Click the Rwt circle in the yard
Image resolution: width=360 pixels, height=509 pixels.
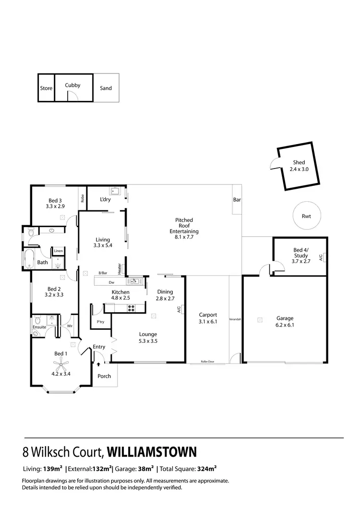[x=306, y=216]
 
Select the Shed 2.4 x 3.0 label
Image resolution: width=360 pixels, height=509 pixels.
[x=299, y=166]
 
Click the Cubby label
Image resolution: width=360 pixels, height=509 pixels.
[x=72, y=85]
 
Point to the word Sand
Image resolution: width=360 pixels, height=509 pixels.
[x=106, y=88]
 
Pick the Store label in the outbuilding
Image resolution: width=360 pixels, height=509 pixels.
[x=46, y=88]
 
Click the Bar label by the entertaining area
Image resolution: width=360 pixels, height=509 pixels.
[x=237, y=199]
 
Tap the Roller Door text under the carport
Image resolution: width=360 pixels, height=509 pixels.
[x=207, y=361]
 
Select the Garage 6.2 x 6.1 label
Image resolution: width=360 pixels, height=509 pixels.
[x=285, y=321]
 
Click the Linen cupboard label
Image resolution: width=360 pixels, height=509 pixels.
[x=58, y=251]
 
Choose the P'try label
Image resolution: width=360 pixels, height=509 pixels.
[x=101, y=322]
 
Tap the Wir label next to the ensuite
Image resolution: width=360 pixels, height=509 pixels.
[x=69, y=326]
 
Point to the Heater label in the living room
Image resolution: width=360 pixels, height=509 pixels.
[x=119, y=267]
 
